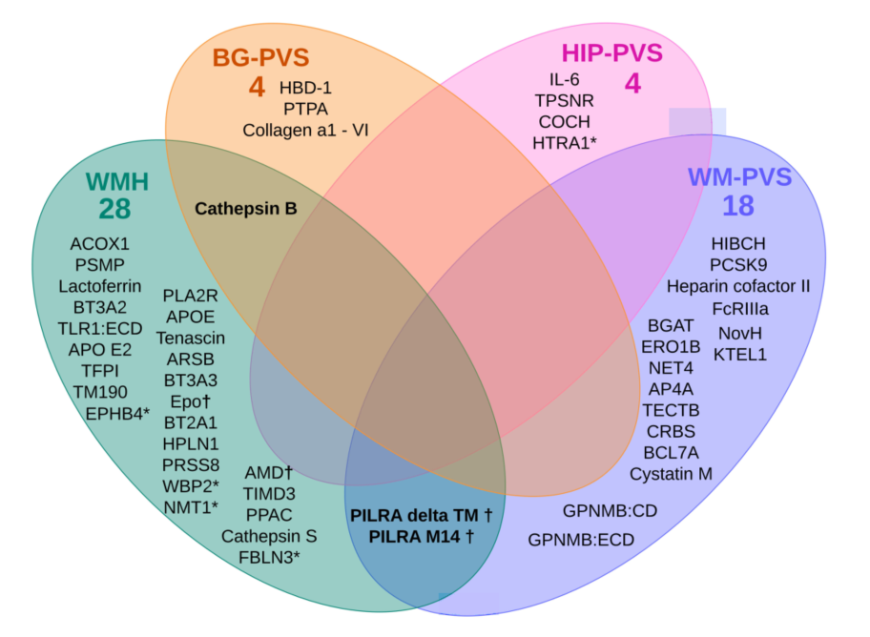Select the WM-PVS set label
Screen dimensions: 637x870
tap(738, 176)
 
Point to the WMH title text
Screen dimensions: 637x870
tap(117, 181)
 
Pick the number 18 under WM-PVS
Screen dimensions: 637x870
tap(738, 206)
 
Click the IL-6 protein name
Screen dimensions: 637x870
tap(564, 80)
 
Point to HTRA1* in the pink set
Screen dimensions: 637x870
tap(565, 143)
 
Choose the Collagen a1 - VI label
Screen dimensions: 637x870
tap(305, 130)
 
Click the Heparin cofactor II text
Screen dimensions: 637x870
tap(738, 286)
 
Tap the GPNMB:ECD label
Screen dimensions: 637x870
tap(581, 540)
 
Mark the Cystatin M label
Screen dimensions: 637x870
tap(671, 473)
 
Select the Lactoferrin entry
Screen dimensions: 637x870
tap(99, 286)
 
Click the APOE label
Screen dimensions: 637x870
tap(190, 317)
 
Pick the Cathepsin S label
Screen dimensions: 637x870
tap(269, 536)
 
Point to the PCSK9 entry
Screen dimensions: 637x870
tap(738, 264)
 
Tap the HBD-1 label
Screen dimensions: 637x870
tap(305, 88)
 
